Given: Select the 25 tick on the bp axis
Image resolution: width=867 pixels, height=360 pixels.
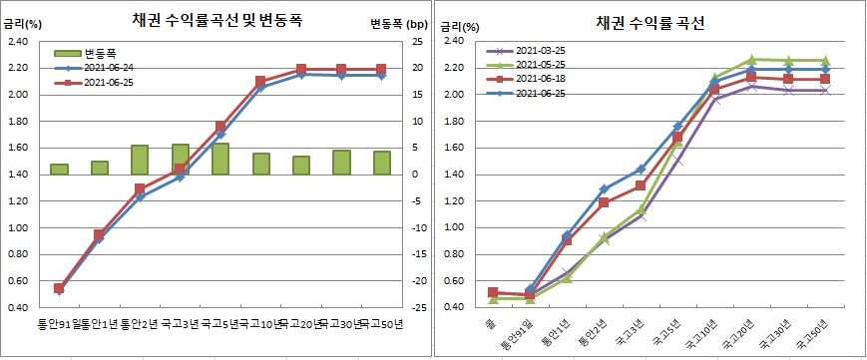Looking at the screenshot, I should (417, 42).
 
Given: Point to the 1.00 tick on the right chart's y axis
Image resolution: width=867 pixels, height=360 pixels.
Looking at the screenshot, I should (452, 227).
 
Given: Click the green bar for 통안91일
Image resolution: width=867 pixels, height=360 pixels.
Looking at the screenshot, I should (59, 169).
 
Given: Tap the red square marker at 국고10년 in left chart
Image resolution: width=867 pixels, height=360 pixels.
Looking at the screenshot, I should (260, 82).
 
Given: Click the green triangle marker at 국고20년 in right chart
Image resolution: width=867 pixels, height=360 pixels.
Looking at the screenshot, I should (752, 60).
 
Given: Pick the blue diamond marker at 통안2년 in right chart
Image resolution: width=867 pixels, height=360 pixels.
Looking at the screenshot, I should (604, 188).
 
